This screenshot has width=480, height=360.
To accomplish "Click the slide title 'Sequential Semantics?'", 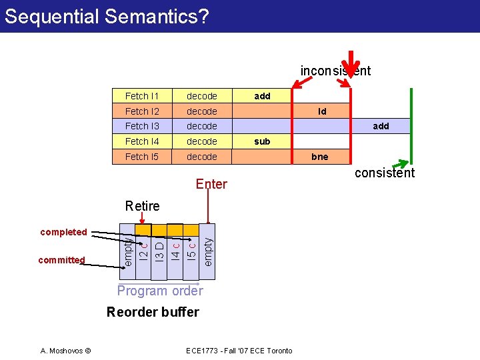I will (x=107, y=16).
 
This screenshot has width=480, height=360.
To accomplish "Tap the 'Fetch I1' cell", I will (x=137, y=96).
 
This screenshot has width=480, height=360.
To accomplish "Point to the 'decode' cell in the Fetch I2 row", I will (x=201, y=111).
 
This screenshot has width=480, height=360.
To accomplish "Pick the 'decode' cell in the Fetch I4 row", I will (x=201, y=141).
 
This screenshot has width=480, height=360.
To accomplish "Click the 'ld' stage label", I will (x=322, y=111).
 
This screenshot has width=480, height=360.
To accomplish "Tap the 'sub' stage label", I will (x=263, y=141).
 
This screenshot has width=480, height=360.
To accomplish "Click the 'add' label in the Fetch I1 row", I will (x=263, y=96).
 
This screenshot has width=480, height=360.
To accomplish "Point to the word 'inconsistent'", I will (x=335, y=71).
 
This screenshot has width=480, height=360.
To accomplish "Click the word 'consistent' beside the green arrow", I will (x=385, y=173).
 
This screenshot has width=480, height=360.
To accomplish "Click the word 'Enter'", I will (x=211, y=184).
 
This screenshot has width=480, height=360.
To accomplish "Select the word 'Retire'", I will (x=142, y=206).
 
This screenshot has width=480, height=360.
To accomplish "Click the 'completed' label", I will (x=63, y=232).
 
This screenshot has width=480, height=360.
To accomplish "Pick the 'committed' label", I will (x=61, y=260).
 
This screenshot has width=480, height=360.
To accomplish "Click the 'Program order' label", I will (x=160, y=291).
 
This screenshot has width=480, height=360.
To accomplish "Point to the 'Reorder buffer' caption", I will (x=153, y=312).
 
